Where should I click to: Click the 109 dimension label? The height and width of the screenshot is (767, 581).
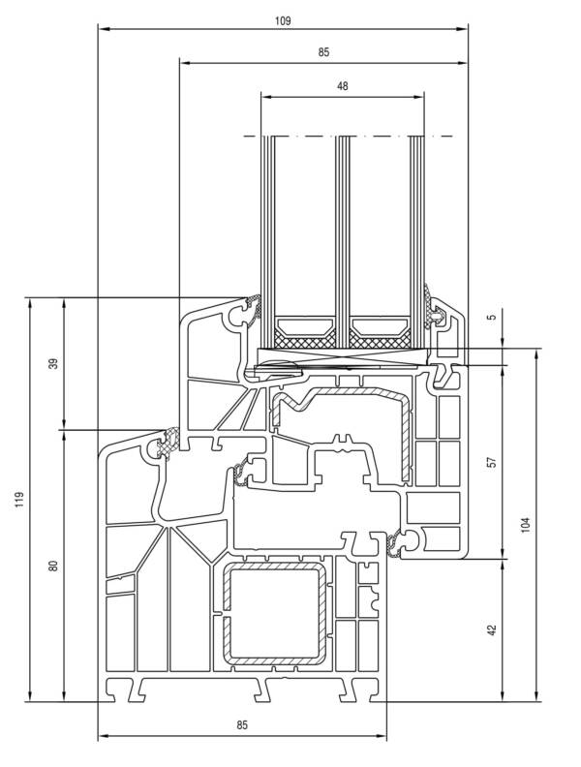[283, 19]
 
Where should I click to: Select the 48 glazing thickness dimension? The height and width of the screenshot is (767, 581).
[342, 85]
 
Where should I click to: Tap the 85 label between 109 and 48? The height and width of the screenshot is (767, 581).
[323, 52]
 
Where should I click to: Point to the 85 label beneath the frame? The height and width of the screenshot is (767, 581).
[242, 724]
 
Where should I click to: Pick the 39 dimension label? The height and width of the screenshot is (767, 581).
[54, 363]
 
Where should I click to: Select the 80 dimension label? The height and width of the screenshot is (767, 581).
[54, 565]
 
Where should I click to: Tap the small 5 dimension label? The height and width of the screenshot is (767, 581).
[491, 317]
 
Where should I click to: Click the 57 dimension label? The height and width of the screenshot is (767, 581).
[491, 462]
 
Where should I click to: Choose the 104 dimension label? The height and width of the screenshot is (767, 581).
[526, 524]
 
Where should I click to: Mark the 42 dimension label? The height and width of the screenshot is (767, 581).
[491, 629]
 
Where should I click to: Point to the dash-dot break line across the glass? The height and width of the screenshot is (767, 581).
[349, 137]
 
